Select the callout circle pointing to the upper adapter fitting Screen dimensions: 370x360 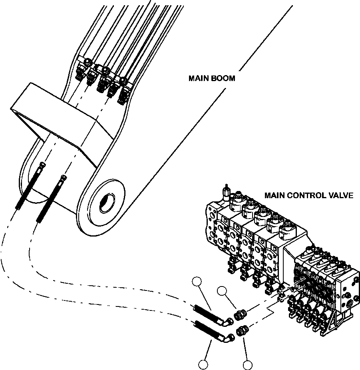click(x=222, y=292)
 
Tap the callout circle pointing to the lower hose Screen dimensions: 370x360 click(x=203, y=364)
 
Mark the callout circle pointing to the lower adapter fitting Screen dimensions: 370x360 click(x=247, y=364)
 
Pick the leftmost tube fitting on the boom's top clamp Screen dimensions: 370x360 click(x=79, y=72)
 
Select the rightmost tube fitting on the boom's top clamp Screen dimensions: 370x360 click(x=124, y=94)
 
